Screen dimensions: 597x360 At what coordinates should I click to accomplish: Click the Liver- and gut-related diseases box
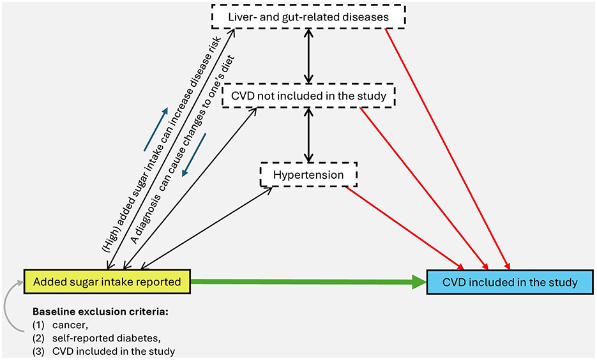(308, 17)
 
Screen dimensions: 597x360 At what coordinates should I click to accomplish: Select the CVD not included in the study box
(308, 96)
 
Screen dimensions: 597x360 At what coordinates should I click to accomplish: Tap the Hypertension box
(308, 175)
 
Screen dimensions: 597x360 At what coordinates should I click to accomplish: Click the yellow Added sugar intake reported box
(107, 282)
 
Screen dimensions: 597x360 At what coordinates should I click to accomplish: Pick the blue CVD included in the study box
(510, 282)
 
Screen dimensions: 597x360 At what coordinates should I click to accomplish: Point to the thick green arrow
(308, 282)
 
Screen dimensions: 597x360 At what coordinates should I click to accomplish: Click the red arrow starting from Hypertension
(405, 227)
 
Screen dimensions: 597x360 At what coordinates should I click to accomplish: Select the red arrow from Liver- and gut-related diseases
(448, 149)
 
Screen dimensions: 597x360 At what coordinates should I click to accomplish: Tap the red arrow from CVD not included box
(424, 188)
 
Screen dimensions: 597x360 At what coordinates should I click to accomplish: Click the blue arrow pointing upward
(156, 129)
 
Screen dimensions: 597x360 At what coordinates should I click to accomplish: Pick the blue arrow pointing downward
(194, 155)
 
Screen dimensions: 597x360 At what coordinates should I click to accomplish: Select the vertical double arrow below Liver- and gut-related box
(309, 56)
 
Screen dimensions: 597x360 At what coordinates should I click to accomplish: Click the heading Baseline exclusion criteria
(100, 312)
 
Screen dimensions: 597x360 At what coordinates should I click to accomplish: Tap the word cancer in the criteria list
(70, 326)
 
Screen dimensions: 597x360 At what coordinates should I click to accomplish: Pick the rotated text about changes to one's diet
(183, 149)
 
